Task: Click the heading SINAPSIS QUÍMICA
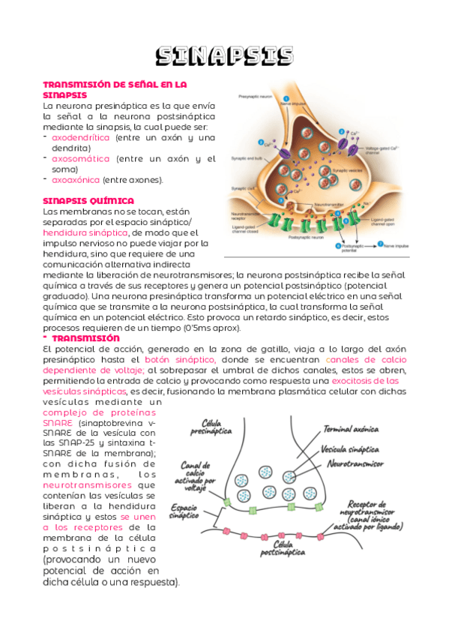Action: tap(88, 201)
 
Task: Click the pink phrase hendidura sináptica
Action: tap(85, 233)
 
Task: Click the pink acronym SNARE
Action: tap(58, 423)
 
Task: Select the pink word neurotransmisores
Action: tap(80, 485)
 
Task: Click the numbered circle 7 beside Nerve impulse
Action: tap(380, 244)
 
